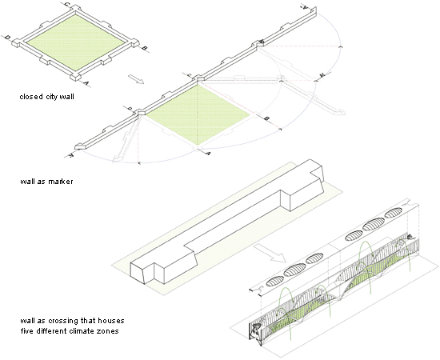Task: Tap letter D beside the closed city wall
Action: pos(6,37)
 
